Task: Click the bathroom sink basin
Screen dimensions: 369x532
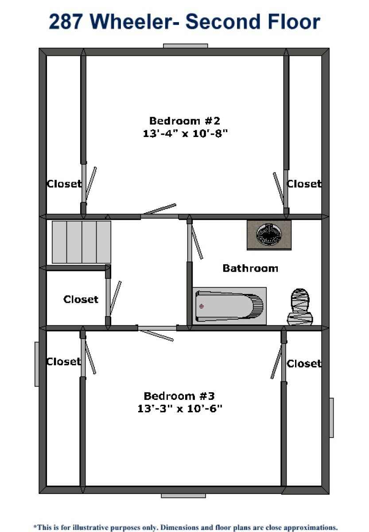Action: coord(269,234)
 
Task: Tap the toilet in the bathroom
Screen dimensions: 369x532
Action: coord(300,307)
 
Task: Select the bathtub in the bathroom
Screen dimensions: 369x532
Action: coord(229,306)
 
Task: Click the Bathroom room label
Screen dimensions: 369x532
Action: coord(250,268)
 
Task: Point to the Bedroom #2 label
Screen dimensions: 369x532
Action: coord(185,121)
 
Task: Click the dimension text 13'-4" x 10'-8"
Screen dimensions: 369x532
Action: coord(185,133)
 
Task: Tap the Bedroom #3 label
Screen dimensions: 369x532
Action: coord(179,396)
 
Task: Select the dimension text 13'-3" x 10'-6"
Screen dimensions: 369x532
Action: coord(180,409)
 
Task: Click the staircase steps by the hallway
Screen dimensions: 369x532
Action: coord(82,242)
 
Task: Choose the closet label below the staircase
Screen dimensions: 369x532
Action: coord(81,300)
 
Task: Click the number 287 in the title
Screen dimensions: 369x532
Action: coord(66,22)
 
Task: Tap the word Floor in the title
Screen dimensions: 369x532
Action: coord(294,22)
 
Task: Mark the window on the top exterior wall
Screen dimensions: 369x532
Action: coord(185,46)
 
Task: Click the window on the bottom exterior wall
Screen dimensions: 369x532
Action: coord(183,496)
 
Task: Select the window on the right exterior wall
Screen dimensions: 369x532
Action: coord(331,418)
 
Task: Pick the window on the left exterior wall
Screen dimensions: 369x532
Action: coord(37,364)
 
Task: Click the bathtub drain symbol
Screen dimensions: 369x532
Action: coord(202,306)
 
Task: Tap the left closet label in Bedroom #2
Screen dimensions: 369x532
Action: coord(64,184)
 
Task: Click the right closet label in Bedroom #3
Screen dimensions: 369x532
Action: coord(304,364)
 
